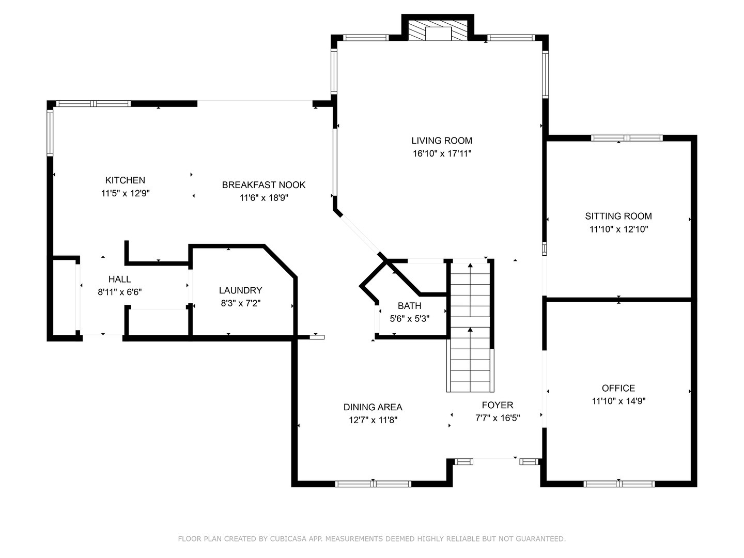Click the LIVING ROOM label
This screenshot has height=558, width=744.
[x=442, y=141]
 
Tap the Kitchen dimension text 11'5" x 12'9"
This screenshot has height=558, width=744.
[x=126, y=193]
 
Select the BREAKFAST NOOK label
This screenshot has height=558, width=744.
[x=263, y=185]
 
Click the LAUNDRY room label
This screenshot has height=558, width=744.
[x=241, y=290]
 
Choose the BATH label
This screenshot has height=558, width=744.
[x=409, y=306]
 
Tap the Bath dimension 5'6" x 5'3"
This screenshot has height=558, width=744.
[x=409, y=319]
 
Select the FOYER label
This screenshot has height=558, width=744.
[x=498, y=405]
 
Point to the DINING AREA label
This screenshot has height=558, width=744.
[x=373, y=407]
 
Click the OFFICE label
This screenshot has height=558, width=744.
[x=618, y=388]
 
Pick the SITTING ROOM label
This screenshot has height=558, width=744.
[x=618, y=216]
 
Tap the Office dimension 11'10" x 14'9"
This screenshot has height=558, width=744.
[x=618, y=401]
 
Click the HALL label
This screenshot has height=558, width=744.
[x=120, y=279]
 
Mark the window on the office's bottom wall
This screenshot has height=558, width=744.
[x=619, y=484]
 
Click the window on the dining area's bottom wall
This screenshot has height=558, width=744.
[x=373, y=484]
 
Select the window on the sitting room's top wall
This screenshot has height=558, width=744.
[x=627, y=138]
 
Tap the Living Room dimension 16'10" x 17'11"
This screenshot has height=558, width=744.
[x=442, y=154]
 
